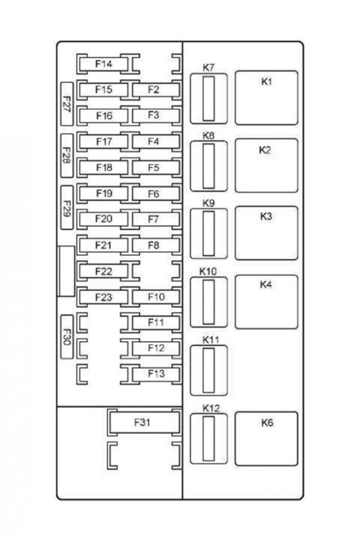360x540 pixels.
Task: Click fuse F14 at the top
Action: (x=104, y=64)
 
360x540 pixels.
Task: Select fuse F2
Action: (x=154, y=90)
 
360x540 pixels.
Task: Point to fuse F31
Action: (x=142, y=422)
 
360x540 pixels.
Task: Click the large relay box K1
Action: (x=266, y=98)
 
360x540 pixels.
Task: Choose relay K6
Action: (x=266, y=438)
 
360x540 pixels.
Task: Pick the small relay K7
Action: (x=208, y=98)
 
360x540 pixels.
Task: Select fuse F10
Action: (x=155, y=297)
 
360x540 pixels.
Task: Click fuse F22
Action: (x=104, y=271)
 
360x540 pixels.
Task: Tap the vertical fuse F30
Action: (x=67, y=336)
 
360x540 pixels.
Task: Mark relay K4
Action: (x=266, y=301)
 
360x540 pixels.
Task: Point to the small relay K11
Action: (x=208, y=370)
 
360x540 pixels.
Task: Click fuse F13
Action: (x=155, y=373)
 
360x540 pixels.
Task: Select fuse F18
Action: (x=104, y=168)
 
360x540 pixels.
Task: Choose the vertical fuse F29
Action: (x=67, y=207)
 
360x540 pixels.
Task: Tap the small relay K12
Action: (x=208, y=438)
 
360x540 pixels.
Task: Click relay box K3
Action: (x=266, y=233)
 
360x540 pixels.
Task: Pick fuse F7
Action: (x=154, y=219)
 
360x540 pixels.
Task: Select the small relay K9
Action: (x=208, y=233)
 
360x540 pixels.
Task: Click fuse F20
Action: (x=104, y=219)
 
